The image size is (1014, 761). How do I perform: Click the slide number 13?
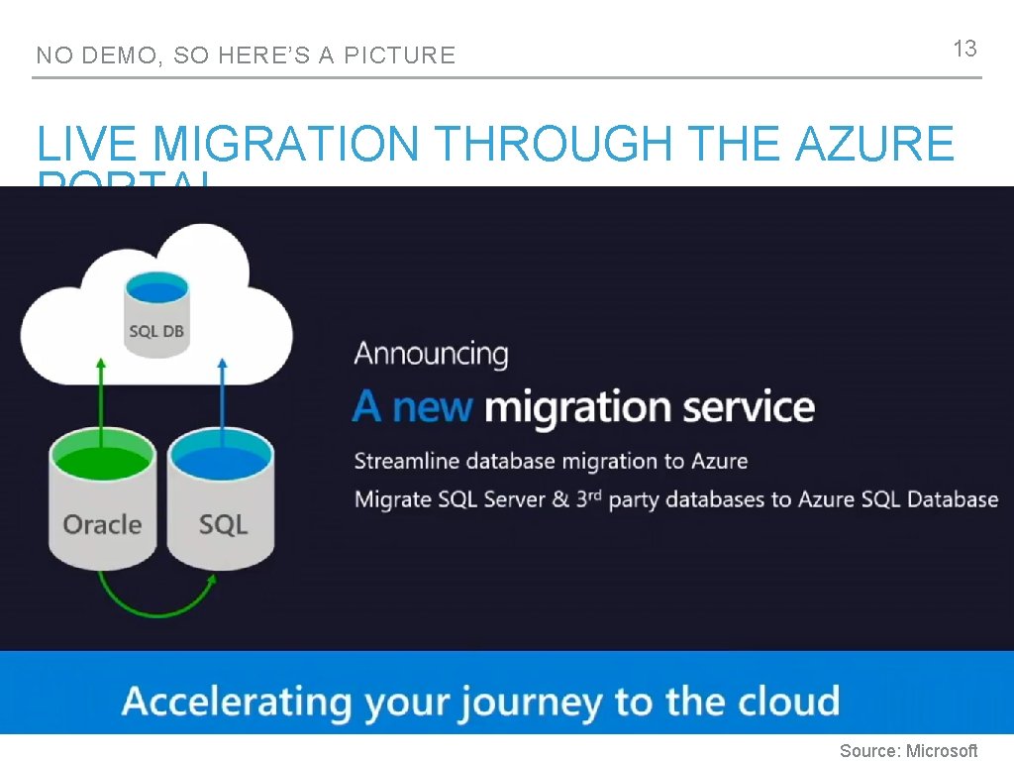pos(964,49)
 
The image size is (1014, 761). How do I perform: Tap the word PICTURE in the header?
pos(399,55)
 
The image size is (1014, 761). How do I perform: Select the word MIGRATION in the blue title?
pos(286,146)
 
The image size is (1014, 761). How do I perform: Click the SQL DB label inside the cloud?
pos(156,331)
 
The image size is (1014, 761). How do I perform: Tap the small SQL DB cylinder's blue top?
pos(156,291)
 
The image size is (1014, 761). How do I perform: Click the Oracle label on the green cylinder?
pos(102,524)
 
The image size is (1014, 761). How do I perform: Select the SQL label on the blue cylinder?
pos(223,524)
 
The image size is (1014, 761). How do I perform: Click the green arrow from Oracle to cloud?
pos(100,396)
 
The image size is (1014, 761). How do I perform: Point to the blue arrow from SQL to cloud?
pos(222,396)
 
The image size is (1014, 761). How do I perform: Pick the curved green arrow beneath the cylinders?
pos(156,599)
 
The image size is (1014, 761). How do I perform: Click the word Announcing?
pos(431,354)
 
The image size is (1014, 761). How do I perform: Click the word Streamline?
pos(407,461)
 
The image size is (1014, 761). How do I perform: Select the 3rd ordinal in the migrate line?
pos(588,497)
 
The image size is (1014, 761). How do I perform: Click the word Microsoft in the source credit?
pos(942,751)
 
